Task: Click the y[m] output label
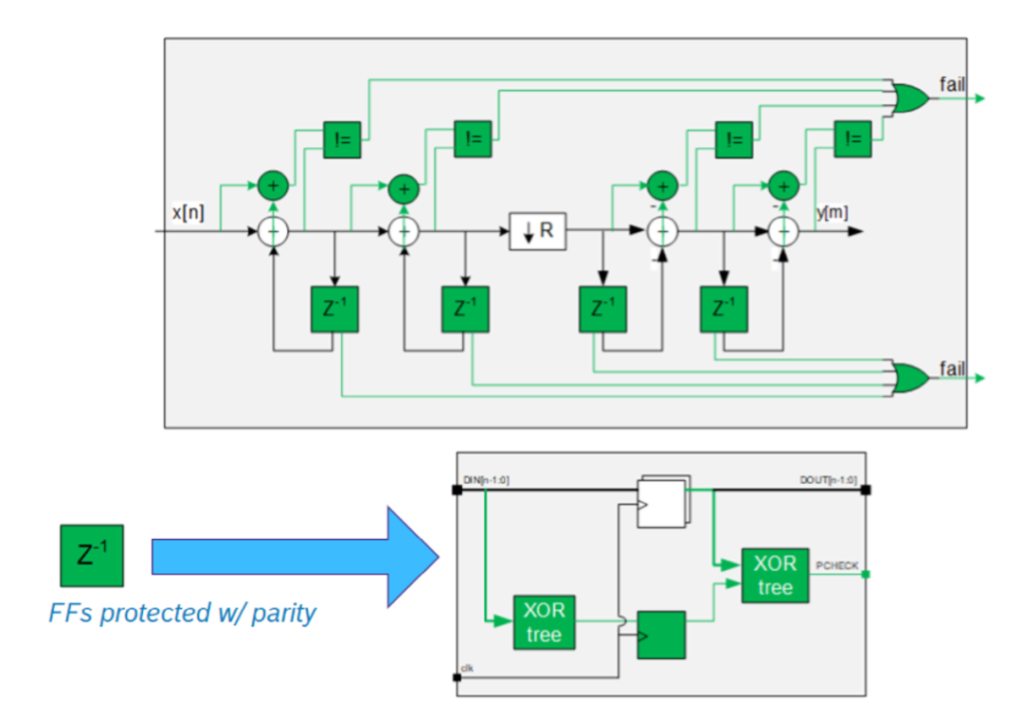point(832,213)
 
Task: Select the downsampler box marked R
point(537,230)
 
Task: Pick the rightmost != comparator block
point(852,139)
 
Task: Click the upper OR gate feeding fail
point(910,98)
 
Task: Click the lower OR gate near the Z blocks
point(910,377)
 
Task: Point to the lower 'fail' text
point(951,367)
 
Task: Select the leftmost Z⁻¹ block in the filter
point(334,309)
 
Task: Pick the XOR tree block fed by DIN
point(544,622)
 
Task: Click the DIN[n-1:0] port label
point(487,480)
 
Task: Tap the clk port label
point(468,668)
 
